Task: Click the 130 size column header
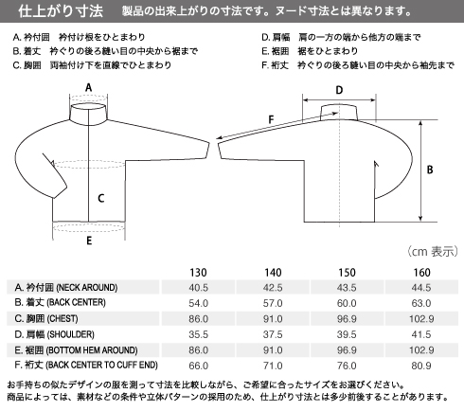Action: point(198,272)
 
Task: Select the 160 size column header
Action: point(421,272)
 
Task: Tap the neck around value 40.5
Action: point(198,288)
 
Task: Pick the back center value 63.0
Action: point(421,303)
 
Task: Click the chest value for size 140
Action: point(273,318)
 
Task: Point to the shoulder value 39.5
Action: point(347,334)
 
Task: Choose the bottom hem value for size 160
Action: point(421,349)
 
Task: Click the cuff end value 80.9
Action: point(421,366)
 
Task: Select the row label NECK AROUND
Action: point(87,288)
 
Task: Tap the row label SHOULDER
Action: point(70,334)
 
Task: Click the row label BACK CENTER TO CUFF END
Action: point(102,366)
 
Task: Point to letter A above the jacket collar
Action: point(89,87)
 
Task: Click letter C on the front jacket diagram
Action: point(100,198)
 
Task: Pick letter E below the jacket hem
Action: point(89,241)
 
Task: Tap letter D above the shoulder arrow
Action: point(339,90)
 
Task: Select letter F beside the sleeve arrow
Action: point(271,119)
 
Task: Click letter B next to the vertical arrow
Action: point(430,170)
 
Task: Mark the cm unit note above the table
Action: point(432,252)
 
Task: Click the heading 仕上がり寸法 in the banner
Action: point(61,11)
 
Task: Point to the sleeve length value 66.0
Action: point(198,366)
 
